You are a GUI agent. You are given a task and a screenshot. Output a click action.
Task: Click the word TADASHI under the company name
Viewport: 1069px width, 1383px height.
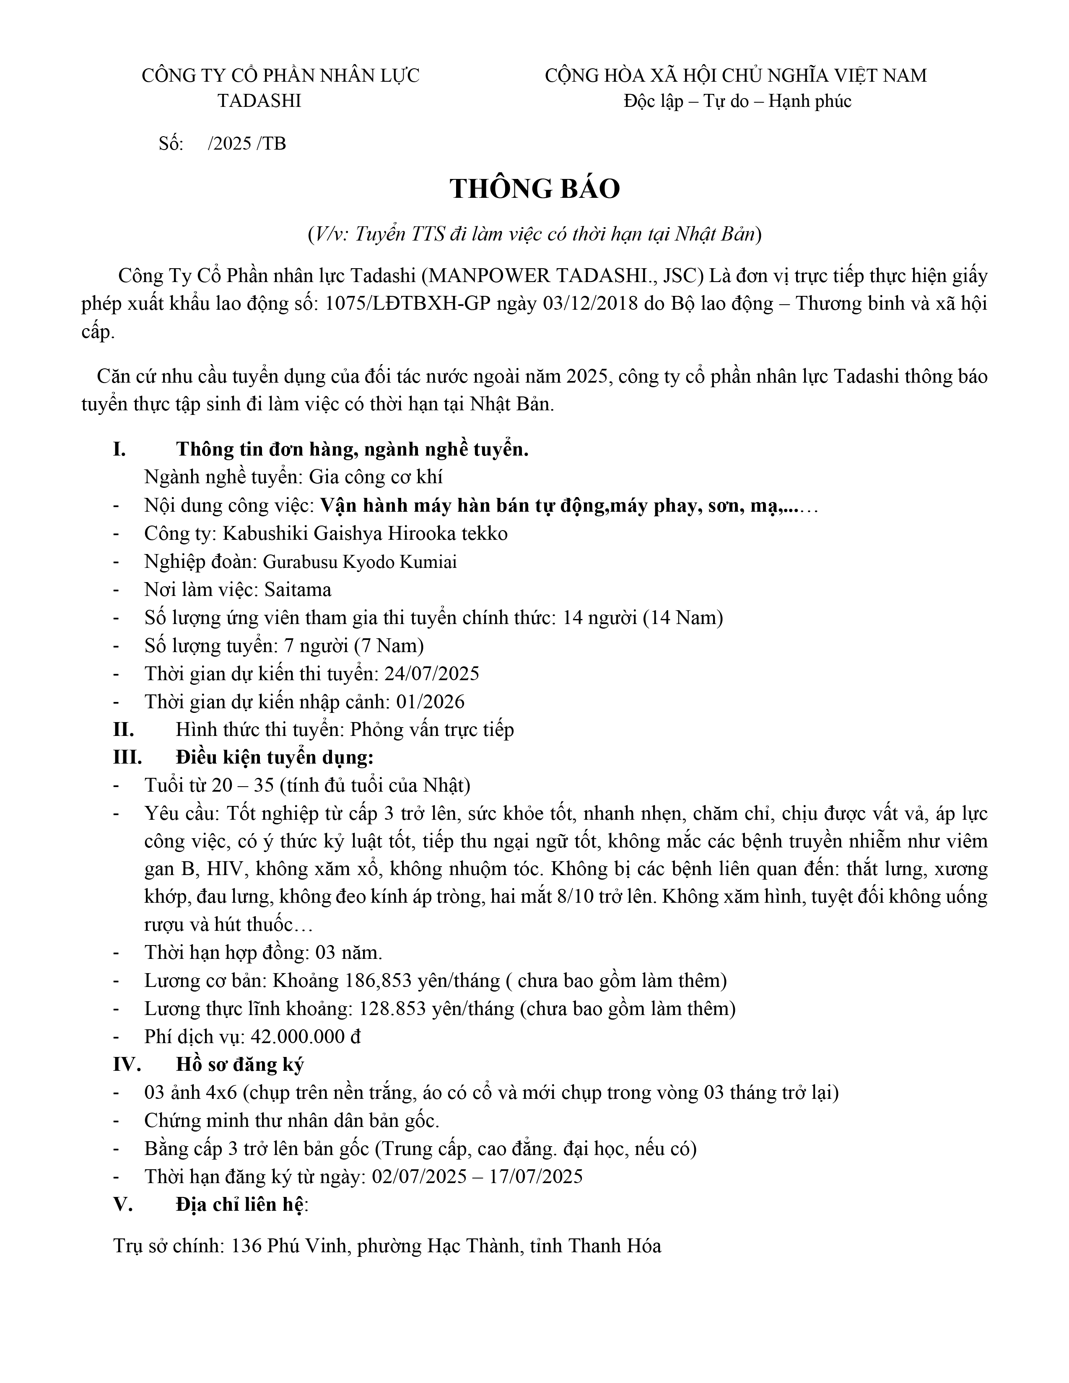pos(259,101)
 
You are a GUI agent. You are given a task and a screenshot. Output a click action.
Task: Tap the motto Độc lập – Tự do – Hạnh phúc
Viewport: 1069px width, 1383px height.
pos(737,101)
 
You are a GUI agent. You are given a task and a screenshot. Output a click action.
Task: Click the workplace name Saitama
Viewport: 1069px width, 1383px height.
pos(298,590)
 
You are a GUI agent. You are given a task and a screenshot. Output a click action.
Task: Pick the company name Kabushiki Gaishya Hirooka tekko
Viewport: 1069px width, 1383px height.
pos(364,534)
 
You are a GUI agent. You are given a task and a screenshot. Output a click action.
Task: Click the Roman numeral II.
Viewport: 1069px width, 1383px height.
pos(124,730)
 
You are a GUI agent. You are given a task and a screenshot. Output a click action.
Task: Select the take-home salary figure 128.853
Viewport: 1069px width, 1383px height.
pos(392,1009)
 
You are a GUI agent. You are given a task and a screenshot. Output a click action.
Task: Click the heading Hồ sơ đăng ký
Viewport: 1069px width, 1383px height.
pos(240,1065)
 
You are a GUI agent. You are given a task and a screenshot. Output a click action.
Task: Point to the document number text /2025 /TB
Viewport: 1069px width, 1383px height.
pos(247,144)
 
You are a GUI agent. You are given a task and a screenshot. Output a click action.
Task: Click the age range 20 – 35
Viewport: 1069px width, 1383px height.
pos(243,786)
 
